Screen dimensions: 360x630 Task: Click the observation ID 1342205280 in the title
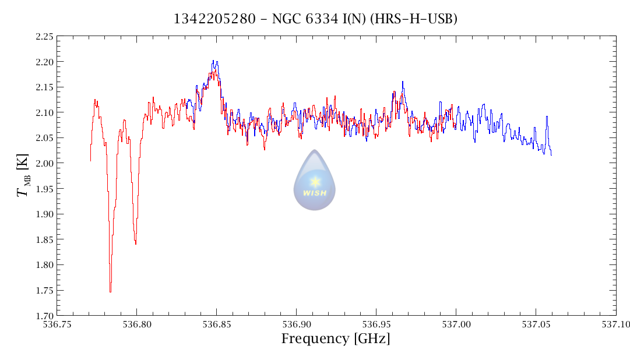[214, 19]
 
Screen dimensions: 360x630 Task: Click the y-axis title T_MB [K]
[23, 176]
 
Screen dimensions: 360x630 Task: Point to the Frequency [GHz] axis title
[336, 339]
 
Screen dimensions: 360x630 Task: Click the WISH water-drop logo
[315, 181]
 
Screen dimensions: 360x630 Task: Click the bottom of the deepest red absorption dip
[110, 291]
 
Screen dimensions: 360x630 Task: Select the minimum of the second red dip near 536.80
[135, 243]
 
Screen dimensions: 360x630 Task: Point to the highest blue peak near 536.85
[213, 61]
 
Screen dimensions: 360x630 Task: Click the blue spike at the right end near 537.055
[547, 117]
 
